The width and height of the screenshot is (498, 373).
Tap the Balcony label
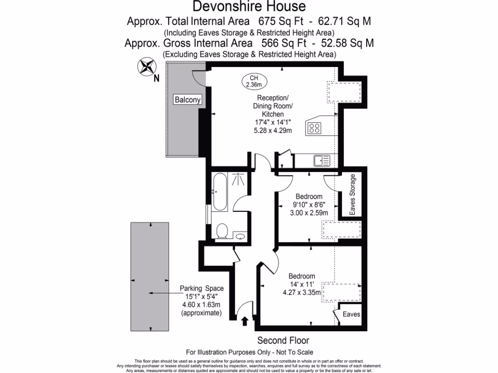click(187, 100)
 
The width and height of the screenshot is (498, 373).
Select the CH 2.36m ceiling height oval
click(254, 81)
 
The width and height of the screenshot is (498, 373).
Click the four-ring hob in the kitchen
click(314, 128)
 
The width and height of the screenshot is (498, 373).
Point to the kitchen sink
click(321, 160)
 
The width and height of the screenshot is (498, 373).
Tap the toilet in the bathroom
click(223, 230)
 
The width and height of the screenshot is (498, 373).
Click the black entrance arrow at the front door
click(245, 321)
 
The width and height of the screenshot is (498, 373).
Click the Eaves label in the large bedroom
click(351, 314)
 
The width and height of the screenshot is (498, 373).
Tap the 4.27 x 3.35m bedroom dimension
click(302, 292)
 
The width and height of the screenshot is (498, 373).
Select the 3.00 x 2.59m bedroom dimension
click(309, 213)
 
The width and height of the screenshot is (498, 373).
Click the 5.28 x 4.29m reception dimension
click(272, 131)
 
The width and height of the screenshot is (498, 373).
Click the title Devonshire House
click(249, 6)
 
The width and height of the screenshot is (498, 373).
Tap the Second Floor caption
click(283, 340)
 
